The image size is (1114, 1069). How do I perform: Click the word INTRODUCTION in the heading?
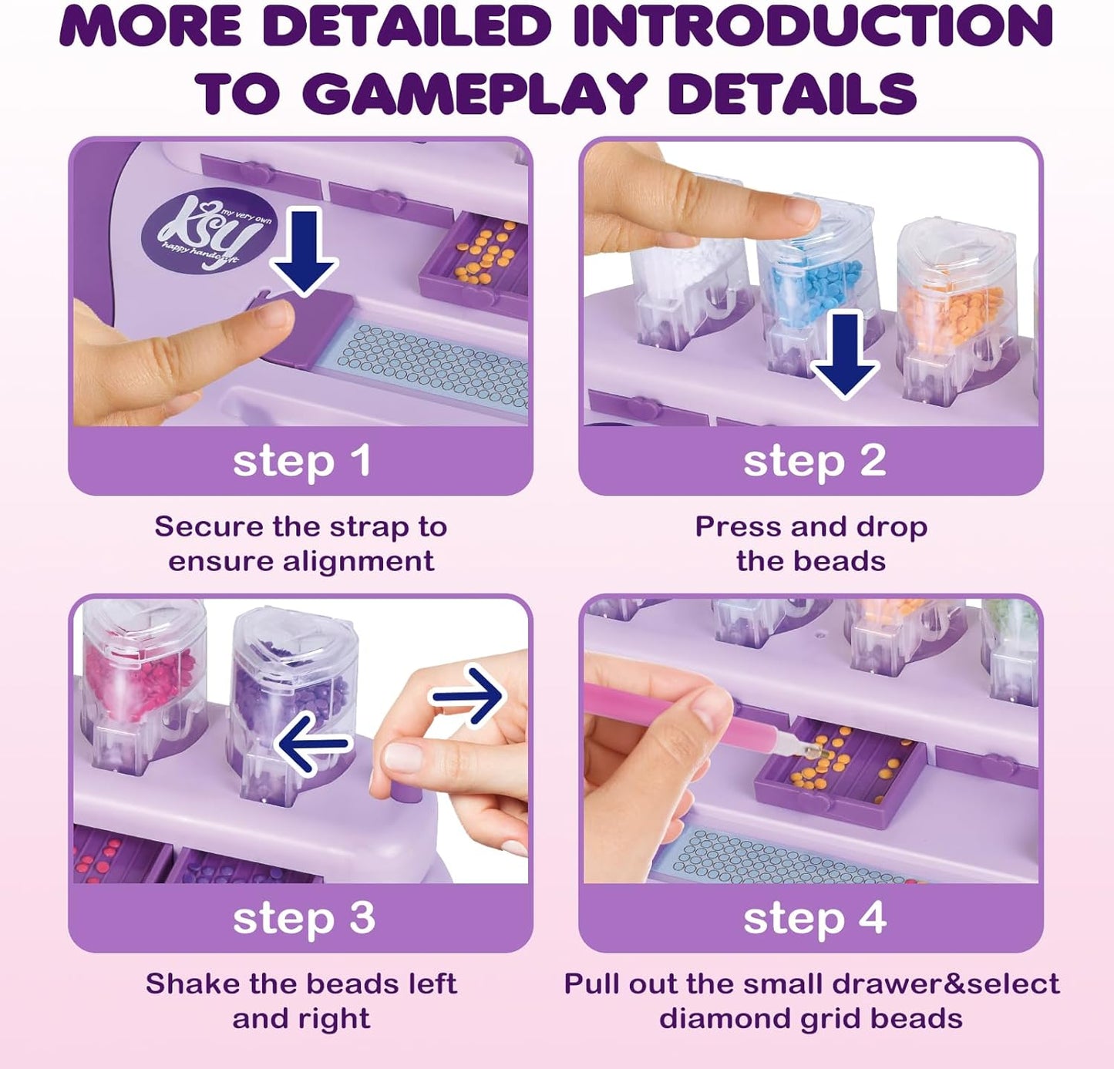point(813,26)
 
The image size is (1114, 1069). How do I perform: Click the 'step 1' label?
point(301,462)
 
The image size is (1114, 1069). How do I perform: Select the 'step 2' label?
point(815,462)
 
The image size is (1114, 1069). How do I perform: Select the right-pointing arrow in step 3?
point(468,695)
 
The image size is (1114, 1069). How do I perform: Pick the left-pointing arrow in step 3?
point(312,744)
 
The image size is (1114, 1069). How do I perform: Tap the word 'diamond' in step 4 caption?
point(724,1019)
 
